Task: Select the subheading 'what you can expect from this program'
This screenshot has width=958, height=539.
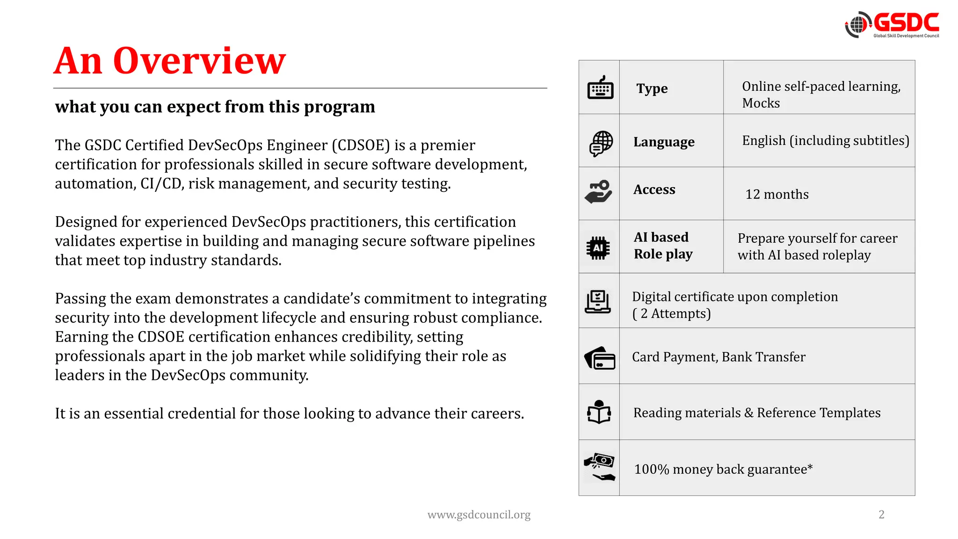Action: pyautogui.click(x=215, y=107)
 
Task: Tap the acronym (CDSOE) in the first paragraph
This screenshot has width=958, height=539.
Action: pyautogui.click(x=361, y=145)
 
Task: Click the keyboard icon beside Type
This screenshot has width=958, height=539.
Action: pyautogui.click(x=600, y=87)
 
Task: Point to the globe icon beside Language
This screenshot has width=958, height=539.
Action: pyautogui.click(x=601, y=143)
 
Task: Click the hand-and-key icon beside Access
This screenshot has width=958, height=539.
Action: pyautogui.click(x=599, y=192)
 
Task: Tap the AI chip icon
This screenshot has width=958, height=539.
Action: pyautogui.click(x=598, y=248)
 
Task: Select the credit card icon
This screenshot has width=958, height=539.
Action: pyautogui.click(x=600, y=358)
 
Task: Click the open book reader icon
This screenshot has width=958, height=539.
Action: pyautogui.click(x=599, y=412)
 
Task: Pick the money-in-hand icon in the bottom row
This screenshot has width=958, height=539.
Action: pyautogui.click(x=599, y=467)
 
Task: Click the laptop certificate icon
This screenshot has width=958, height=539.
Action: pyautogui.click(x=598, y=302)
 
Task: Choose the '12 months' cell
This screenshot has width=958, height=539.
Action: pyautogui.click(x=777, y=194)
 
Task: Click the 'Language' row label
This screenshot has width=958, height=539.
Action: pyautogui.click(x=664, y=142)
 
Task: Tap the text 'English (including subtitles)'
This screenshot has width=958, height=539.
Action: pyautogui.click(x=825, y=140)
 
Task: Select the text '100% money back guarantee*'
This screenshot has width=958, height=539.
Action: pyautogui.click(x=723, y=469)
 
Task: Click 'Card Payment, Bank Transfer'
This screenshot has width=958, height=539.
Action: pyautogui.click(x=718, y=357)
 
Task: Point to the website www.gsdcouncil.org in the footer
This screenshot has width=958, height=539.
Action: pyautogui.click(x=479, y=515)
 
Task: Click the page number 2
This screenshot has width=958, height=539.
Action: pyautogui.click(x=881, y=515)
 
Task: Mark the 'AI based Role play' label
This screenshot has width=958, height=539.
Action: pyautogui.click(x=662, y=246)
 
